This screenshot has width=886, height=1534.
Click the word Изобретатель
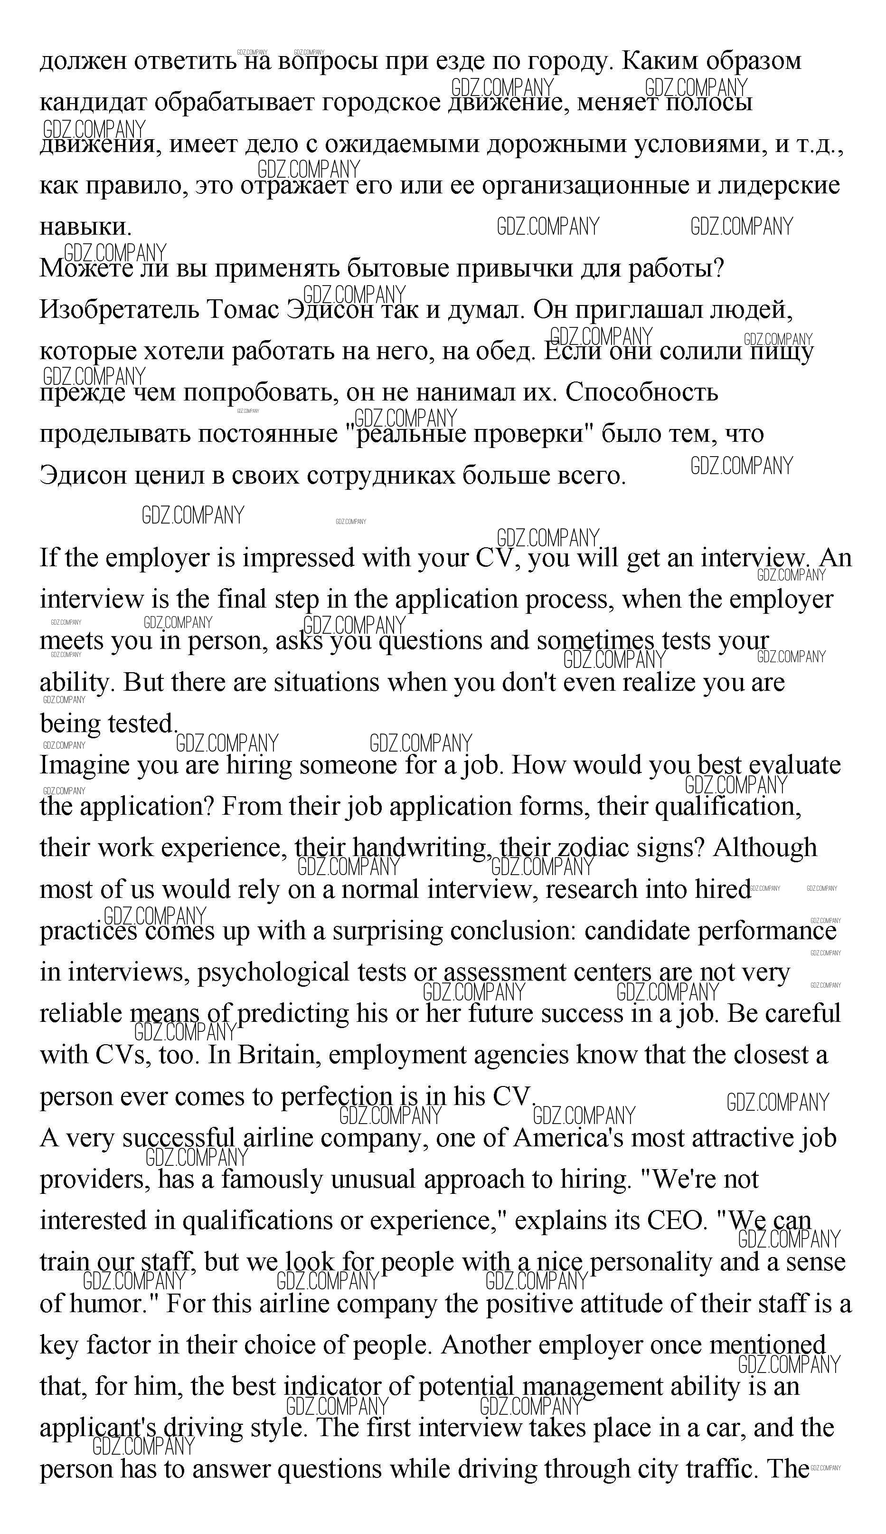click(119, 310)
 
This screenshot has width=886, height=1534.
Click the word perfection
click(337, 1097)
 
